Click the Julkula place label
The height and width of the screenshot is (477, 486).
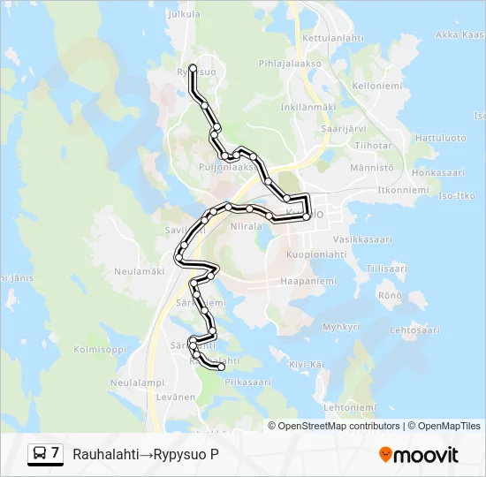184,15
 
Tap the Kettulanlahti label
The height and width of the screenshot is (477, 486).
332,38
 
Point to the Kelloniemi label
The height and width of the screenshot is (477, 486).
377,87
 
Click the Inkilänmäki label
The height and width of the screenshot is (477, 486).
308,107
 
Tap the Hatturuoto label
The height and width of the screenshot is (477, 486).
440,138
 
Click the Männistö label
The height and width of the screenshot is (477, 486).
372,167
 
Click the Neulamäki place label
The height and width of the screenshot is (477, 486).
135,271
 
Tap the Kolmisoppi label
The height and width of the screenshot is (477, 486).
100,349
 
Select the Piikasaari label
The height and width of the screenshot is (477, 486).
247,382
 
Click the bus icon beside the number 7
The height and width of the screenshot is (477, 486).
40,454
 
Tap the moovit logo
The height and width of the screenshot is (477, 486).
419,455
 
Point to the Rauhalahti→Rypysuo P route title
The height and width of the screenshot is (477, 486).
146,455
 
